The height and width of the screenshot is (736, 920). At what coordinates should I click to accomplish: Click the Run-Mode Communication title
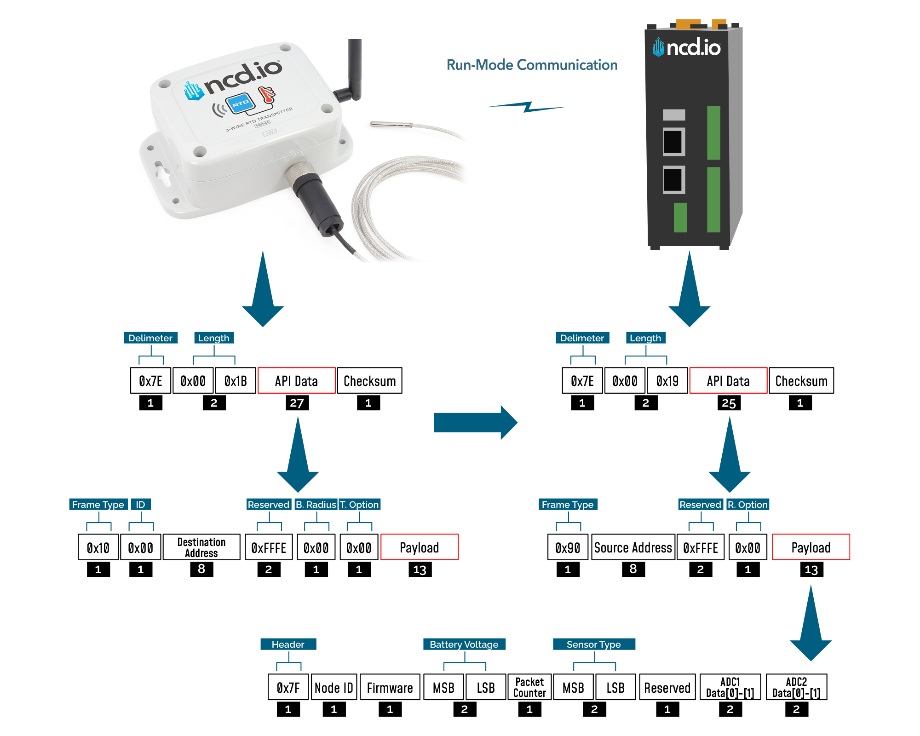coord(532,65)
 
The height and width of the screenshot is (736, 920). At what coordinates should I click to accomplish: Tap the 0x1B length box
coord(236,381)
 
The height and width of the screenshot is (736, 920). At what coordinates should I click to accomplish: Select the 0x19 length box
coord(667,381)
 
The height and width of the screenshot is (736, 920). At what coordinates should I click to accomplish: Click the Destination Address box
coord(201,547)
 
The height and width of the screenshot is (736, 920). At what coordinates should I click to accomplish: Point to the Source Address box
coord(633,547)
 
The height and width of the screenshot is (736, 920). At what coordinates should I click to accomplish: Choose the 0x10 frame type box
coord(98,547)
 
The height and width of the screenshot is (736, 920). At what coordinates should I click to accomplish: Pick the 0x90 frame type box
coord(568,547)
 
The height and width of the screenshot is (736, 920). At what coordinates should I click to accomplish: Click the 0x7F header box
coord(288,687)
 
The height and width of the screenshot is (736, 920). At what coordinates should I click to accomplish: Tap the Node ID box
coord(334,687)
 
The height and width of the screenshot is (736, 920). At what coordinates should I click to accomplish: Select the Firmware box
coord(390,687)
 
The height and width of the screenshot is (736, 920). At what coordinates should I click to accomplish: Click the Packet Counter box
coord(529,687)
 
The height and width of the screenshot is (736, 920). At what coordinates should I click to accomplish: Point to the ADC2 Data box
coord(796,687)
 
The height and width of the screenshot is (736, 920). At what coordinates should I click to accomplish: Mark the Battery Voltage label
coord(464,644)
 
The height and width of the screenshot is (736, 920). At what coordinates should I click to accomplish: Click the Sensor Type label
coord(593,644)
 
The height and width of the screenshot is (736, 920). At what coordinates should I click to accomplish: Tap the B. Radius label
coord(316,505)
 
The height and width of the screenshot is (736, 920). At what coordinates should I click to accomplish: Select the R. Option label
coord(747,505)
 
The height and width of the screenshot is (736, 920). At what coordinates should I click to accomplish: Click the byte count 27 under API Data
coord(297,403)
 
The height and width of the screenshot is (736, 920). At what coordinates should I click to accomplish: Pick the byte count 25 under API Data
coord(729,403)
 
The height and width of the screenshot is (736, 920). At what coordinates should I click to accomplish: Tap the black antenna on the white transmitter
coord(354,69)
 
